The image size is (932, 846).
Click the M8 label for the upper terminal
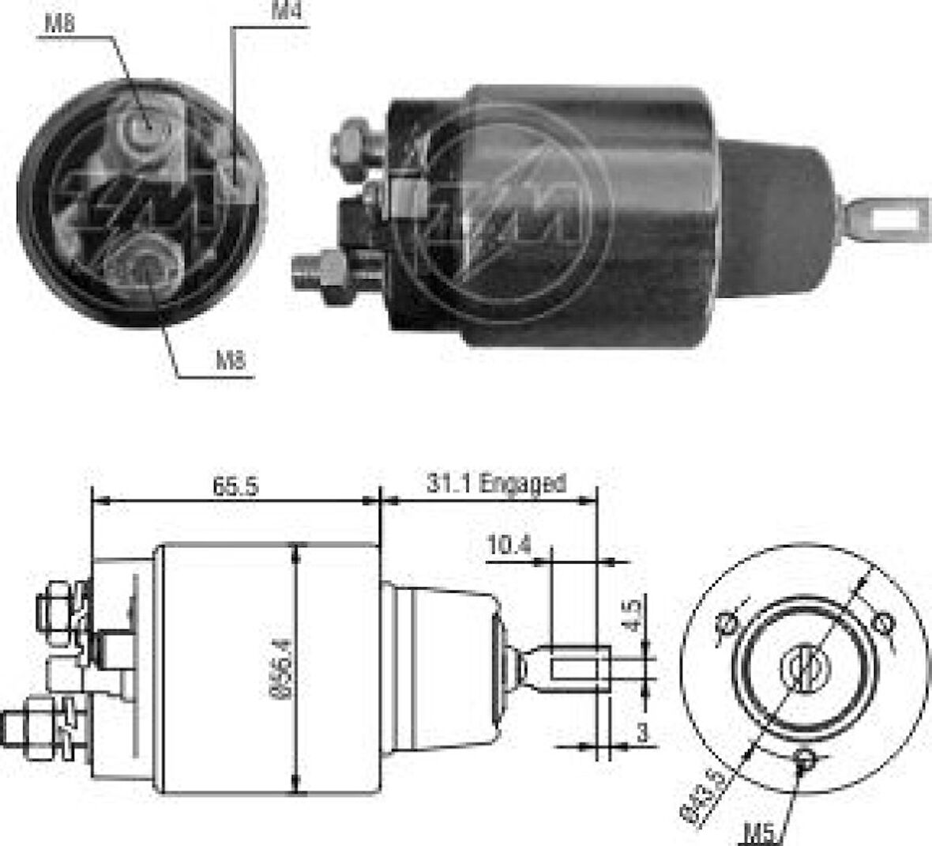(x=59, y=24)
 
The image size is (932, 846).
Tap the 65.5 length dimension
(x=235, y=485)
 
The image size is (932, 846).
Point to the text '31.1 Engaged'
(x=496, y=482)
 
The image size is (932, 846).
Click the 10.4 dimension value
(x=509, y=545)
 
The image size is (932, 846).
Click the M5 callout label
(x=759, y=832)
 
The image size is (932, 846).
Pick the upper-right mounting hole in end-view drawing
(x=884, y=624)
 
